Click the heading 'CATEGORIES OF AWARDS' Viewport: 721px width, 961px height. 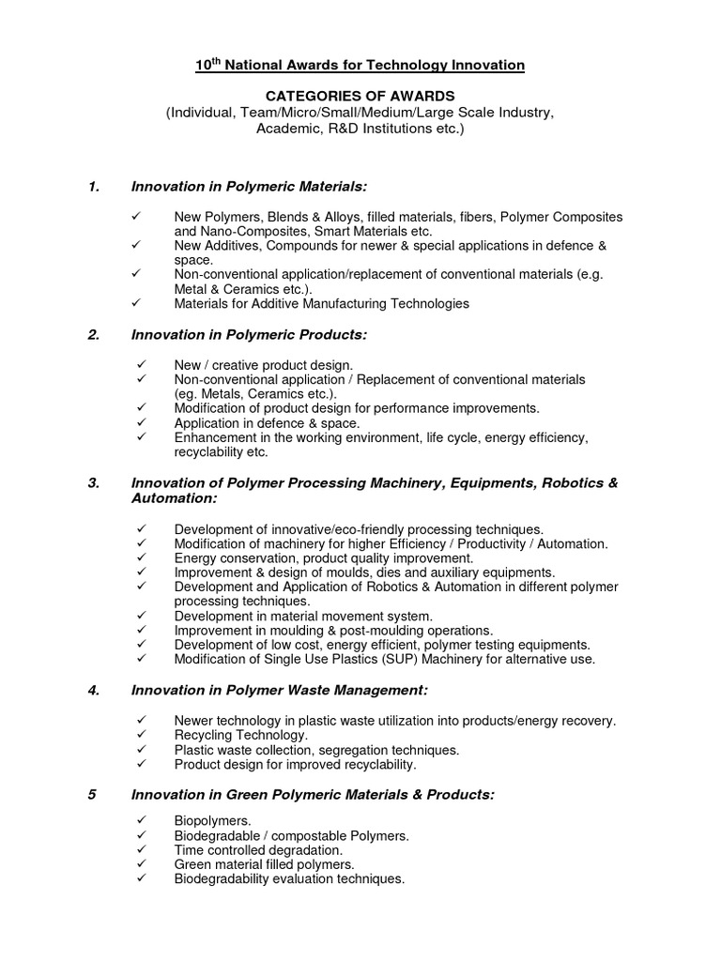pos(360,97)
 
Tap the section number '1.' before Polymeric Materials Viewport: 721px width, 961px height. pos(94,187)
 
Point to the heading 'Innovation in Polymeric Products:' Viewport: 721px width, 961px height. pos(249,334)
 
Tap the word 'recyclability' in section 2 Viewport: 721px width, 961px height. pos(213,451)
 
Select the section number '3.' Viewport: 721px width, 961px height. pos(94,482)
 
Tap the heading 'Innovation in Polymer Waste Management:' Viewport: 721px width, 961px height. pos(279,690)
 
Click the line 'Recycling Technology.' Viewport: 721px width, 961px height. pos(228,735)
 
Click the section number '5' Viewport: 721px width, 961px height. pos(92,794)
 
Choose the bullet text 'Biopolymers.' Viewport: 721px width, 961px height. pos(212,820)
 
